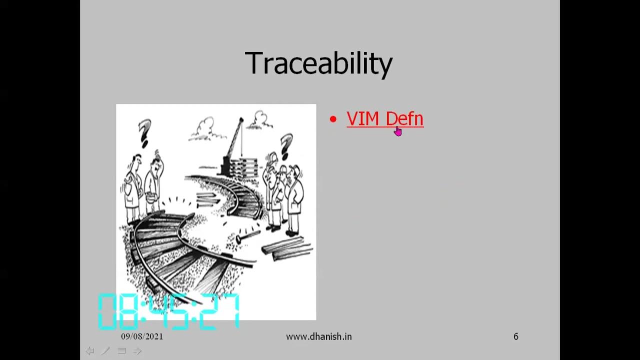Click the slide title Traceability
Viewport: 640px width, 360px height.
coord(318,63)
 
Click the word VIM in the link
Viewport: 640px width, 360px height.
coord(363,119)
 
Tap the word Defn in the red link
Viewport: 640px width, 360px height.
coord(404,119)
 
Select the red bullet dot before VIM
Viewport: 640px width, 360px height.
coord(333,119)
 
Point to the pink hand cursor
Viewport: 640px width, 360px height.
coord(397,131)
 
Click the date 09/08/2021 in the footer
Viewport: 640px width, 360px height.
coord(142,336)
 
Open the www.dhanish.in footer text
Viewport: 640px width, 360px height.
coord(318,336)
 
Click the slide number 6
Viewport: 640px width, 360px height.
coord(516,336)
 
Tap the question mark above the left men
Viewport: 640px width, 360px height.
coord(145,132)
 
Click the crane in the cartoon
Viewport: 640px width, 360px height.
coord(234,142)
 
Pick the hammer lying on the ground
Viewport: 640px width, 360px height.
coord(247,236)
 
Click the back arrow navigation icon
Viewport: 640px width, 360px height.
coord(90,351)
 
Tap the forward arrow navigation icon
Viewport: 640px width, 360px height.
coord(137,351)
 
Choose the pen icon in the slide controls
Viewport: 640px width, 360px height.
coord(105,351)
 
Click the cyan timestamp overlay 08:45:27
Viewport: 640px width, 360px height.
coord(169,311)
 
